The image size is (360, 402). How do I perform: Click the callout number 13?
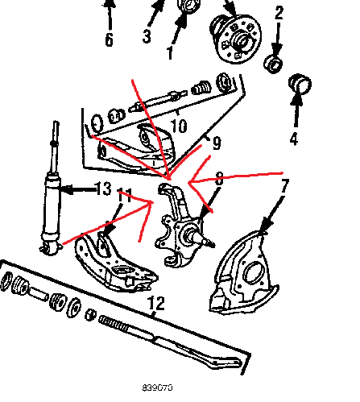[103, 188]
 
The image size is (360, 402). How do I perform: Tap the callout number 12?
[156, 303]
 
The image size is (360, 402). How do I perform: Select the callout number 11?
[125, 196]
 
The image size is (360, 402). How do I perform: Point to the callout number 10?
[179, 125]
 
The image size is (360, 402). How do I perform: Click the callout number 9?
[217, 143]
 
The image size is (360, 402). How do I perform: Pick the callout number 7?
[285, 186]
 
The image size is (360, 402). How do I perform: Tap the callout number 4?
[294, 139]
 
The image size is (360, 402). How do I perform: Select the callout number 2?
[279, 13]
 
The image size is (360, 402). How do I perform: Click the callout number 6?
[109, 39]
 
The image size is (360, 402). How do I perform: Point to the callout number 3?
[147, 36]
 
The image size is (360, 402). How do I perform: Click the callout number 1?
[170, 52]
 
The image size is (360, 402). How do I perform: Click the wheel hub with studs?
[236, 39]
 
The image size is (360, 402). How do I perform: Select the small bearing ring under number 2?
[273, 64]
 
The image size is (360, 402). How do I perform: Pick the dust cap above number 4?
[300, 84]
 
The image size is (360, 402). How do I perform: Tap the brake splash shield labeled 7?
[244, 272]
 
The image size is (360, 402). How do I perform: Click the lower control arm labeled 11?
[115, 264]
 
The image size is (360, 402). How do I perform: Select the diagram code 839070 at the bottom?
[157, 387]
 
